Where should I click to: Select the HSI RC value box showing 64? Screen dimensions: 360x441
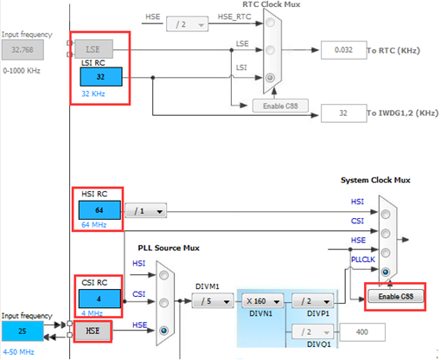(x=99, y=210)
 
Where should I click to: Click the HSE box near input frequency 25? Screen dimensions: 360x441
(x=93, y=330)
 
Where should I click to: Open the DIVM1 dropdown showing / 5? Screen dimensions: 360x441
(x=213, y=301)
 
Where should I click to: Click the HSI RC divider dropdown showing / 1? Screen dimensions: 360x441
(x=145, y=210)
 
